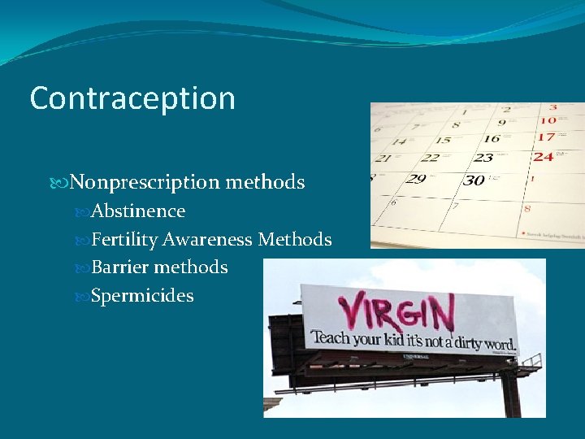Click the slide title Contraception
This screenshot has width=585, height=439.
click(x=132, y=98)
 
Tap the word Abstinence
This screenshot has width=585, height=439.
click(x=138, y=211)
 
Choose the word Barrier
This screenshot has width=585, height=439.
click(x=120, y=267)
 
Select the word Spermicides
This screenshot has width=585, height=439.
click(x=142, y=295)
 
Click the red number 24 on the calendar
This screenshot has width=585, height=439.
click(x=544, y=156)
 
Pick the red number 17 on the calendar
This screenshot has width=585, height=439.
click(x=547, y=137)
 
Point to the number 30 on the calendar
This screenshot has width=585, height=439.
click(x=474, y=180)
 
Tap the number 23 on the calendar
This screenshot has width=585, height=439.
click(x=484, y=158)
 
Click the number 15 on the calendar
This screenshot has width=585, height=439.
click(x=442, y=141)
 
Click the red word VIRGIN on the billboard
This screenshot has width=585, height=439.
click(x=395, y=312)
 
